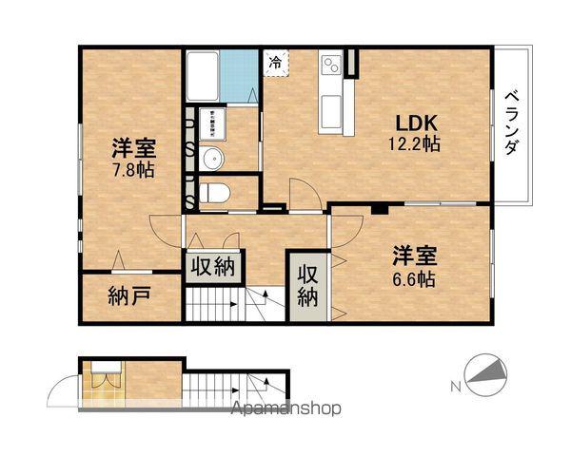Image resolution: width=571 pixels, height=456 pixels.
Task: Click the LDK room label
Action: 416,123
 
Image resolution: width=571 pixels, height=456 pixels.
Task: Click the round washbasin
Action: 212,157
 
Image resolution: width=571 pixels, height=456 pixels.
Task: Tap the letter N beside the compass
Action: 454,386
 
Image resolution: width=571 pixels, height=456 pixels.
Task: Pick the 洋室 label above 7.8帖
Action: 132,148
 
